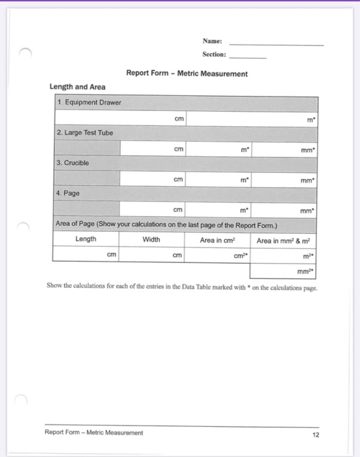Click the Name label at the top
(x=212, y=41)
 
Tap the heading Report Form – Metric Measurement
(x=187, y=74)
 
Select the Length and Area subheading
(x=78, y=87)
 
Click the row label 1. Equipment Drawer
(x=89, y=102)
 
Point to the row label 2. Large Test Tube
(x=85, y=133)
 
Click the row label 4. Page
(x=69, y=193)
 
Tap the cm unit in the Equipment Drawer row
(x=179, y=119)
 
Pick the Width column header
(x=151, y=240)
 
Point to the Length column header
(x=86, y=240)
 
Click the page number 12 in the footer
(x=316, y=433)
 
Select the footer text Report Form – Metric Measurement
(x=93, y=433)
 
